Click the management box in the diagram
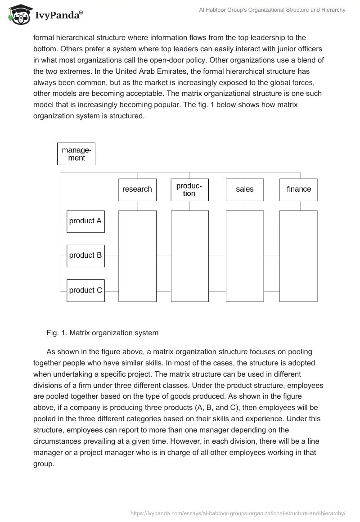(x=76, y=153)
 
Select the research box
(x=137, y=189)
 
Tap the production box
(x=189, y=189)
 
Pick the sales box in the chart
(x=244, y=189)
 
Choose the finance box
(x=298, y=189)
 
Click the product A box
(x=85, y=221)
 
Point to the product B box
(x=85, y=255)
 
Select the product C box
(x=85, y=290)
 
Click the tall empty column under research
(x=137, y=256)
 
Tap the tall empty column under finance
(x=298, y=256)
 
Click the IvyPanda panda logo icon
(x=18, y=14)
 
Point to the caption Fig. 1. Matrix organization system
(x=102, y=333)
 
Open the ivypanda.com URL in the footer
(x=238, y=513)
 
